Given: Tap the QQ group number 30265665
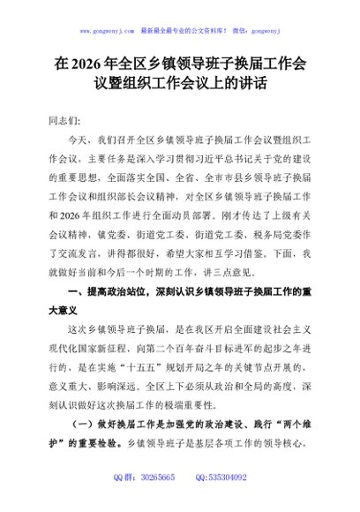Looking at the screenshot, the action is (160, 501).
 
